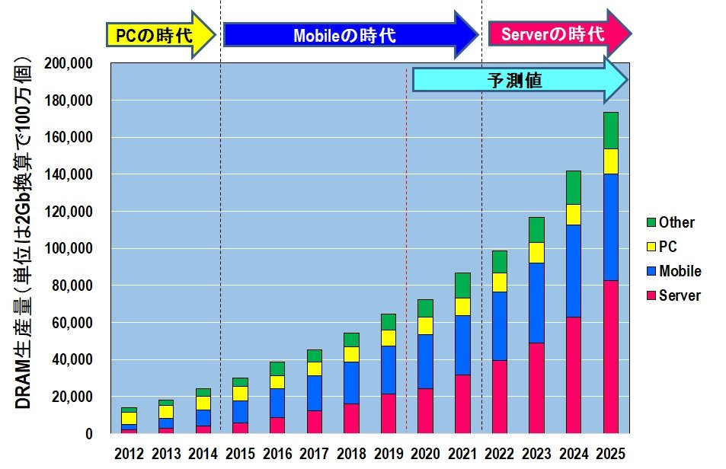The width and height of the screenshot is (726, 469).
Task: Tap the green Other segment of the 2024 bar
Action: (574, 187)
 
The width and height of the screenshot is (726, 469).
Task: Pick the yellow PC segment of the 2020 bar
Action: (426, 326)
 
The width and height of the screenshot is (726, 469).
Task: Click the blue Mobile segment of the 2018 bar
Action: (351, 382)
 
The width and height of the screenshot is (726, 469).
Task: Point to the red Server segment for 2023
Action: (537, 388)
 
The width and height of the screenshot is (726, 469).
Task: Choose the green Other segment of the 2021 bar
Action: (462, 285)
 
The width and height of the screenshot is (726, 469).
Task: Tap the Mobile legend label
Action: (680, 271)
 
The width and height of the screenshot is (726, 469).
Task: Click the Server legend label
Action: (680, 295)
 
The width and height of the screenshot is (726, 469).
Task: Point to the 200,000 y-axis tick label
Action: (69, 63)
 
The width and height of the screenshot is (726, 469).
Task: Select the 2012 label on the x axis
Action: (129, 454)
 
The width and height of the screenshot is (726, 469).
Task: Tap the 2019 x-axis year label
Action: (389, 454)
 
